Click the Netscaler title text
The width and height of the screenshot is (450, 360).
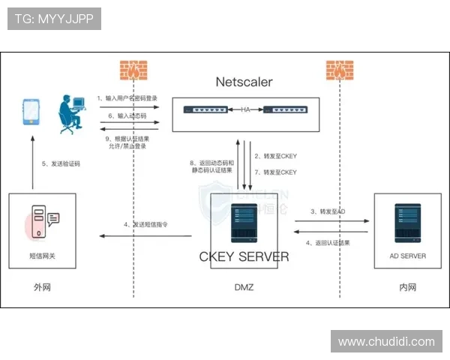(x=244, y=81)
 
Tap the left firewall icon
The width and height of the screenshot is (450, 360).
(x=133, y=70)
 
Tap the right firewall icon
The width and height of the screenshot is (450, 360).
(x=339, y=70)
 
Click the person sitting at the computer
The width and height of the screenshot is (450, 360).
(x=73, y=114)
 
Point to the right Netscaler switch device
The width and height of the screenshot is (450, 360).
(x=285, y=110)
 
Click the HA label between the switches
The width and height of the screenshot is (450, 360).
(x=245, y=110)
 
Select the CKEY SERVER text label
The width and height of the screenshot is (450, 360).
(x=244, y=256)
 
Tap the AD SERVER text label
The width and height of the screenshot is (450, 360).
(x=407, y=256)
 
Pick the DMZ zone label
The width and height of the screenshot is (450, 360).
(x=244, y=287)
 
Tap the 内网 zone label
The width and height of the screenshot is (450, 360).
(x=407, y=287)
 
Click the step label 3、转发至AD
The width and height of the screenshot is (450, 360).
(x=328, y=212)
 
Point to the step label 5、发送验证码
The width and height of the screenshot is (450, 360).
(x=60, y=164)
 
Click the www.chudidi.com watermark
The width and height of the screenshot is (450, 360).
(x=386, y=342)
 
